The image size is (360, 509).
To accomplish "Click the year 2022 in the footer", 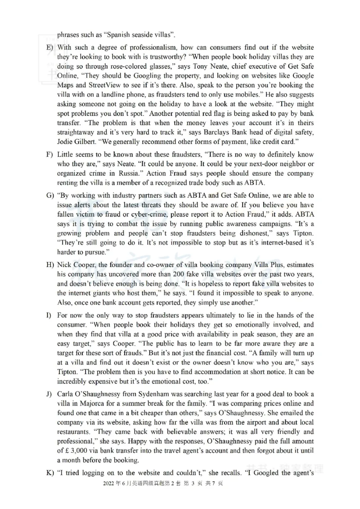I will [109, 483].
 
